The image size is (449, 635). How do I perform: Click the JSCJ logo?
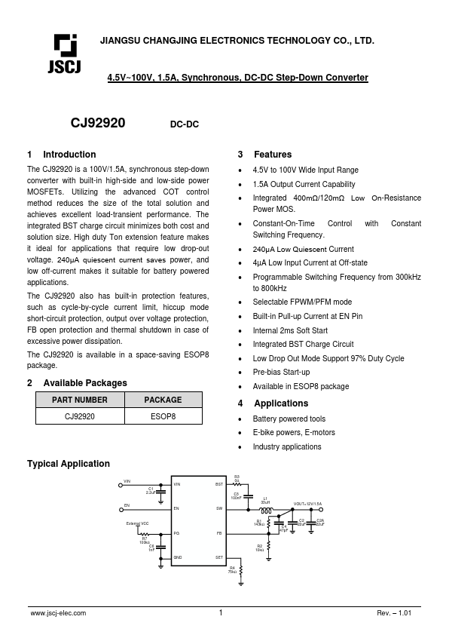pyautogui.click(x=66, y=54)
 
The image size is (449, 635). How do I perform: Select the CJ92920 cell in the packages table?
pyautogui.click(x=79, y=416)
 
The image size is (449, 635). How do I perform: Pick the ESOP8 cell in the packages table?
pyautogui.click(x=163, y=416)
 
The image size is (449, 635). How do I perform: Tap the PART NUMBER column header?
pyautogui.click(x=79, y=400)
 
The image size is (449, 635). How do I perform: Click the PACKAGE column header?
pyautogui.click(x=163, y=400)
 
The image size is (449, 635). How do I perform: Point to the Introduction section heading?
pyautogui.click(x=69, y=155)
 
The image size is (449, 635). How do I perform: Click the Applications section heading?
pyautogui.click(x=280, y=403)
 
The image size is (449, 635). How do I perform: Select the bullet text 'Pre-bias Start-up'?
pyautogui.click(x=281, y=373)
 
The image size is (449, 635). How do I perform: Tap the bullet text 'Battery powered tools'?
pyautogui.click(x=289, y=419)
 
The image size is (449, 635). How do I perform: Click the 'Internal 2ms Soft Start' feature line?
pyautogui.click(x=290, y=330)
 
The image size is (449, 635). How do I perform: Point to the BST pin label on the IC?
pyautogui.click(x=219, y=484)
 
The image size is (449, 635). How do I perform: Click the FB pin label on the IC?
pyautogui.click(x=220, y=533)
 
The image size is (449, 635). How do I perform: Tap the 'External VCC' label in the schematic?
pyautogui.click(x=138, y=523)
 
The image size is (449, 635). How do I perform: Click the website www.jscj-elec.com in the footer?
pyautogui.click(x=58, y=614)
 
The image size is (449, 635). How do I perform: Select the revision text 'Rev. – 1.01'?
pyautogui.click(x=394, y=614)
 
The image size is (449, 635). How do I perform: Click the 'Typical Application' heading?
pyautogui.click(x=69, y=464)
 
